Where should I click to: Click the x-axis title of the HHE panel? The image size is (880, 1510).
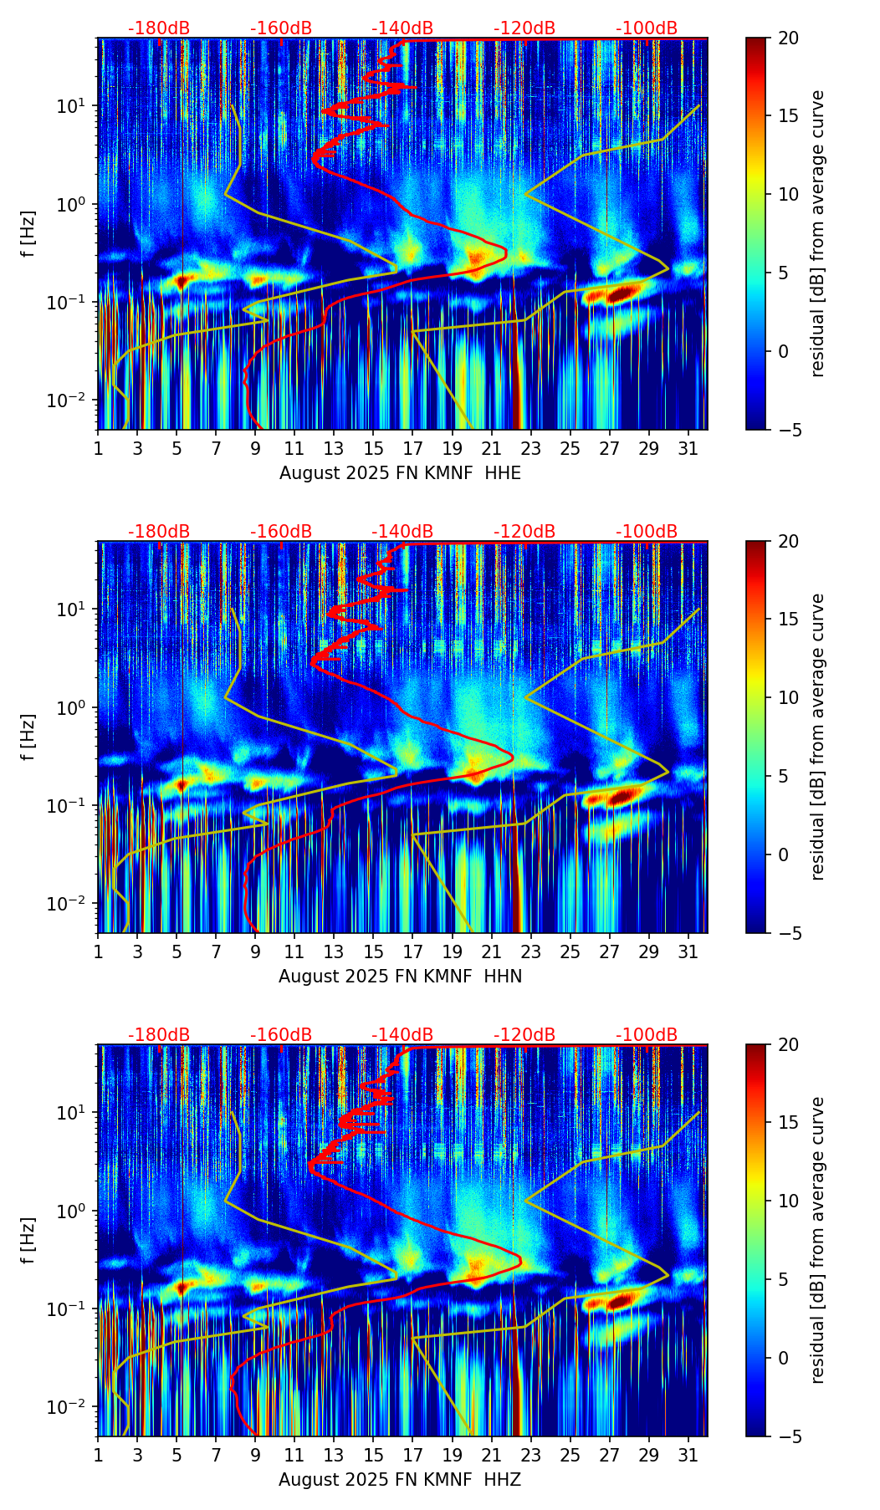[x=400, y=473]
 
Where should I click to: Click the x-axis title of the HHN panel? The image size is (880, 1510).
[x=400, y=977]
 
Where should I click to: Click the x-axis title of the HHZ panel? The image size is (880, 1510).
[x=400, y=1480]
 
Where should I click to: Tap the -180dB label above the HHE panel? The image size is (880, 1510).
[x=159, y=28]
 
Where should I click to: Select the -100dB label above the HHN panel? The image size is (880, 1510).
[x=647, y=532]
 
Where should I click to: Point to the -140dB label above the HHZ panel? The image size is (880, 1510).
[x=402, y=1035]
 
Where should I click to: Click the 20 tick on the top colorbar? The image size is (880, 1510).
[x=788, y=38]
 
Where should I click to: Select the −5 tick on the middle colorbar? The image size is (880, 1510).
[x=788, y=932]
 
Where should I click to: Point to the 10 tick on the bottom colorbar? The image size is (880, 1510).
[x=788, y=1201]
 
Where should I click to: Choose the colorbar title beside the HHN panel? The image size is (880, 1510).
[x=818, y=737]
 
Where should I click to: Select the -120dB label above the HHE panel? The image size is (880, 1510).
[x=524, y=28]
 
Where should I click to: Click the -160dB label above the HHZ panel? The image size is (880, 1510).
[x=281, y=1035]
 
